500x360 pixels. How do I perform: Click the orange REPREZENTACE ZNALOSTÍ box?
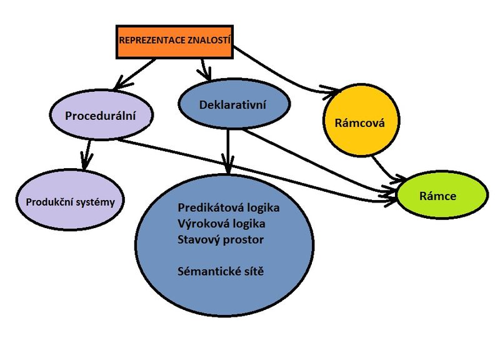pos(174,43)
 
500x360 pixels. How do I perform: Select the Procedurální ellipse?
pos(101,116)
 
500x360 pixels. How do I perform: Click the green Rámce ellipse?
pos(442,196)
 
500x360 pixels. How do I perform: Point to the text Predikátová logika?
pos(227,207)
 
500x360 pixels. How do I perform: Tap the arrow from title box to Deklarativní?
pos(204,67)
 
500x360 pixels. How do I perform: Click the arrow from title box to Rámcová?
pos(281,75)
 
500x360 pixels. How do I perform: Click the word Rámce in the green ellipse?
pos(441,196)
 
